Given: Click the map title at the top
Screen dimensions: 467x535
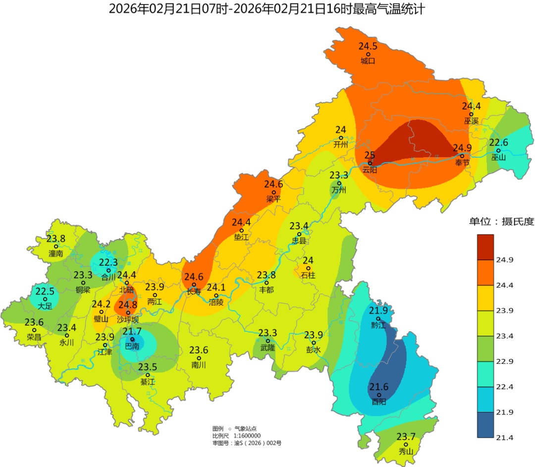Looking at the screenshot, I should coord(267,9).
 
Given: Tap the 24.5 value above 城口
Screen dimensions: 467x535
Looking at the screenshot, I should coord(368,46).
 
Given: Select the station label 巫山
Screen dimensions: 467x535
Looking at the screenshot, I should coord(498,158).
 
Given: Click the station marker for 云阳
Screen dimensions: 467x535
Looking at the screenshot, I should coord(370,163).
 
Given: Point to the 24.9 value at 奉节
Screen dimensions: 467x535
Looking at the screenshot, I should coord(462,148).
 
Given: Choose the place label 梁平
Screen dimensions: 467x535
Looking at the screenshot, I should coord(273,199).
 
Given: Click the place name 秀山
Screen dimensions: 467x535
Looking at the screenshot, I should coord(406,451).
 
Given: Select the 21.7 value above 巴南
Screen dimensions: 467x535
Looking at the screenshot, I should coord(132,331).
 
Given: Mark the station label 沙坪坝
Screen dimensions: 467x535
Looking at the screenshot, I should coord(128,320).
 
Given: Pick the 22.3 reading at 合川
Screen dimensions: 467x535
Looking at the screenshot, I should coord(108,263).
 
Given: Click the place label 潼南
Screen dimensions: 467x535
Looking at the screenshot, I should coord(56,253).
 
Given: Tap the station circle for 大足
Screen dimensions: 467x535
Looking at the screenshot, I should coord(45,299).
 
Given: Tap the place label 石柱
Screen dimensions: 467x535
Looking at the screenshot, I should coord(308,275).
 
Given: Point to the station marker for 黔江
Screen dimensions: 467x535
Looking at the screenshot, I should coord(378,319).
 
